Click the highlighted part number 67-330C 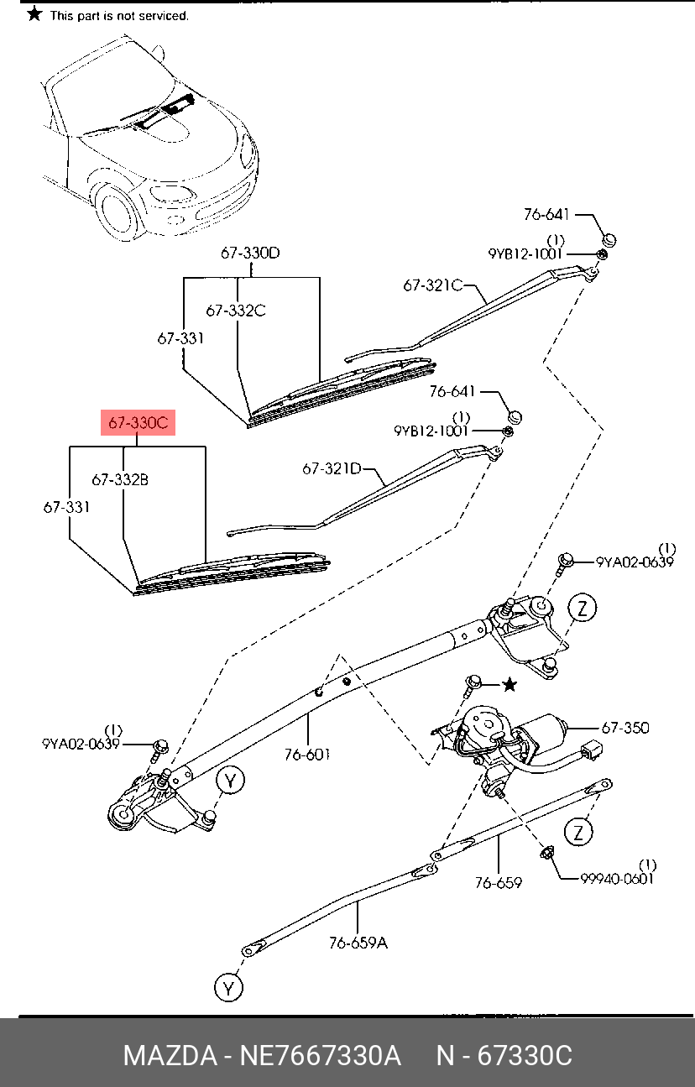point(138,423)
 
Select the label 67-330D point(250,252)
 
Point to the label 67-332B point(120,480)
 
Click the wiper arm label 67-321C point(433,285)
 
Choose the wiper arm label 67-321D point(332,469)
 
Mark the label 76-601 point(306,754)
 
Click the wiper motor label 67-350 point(624,728)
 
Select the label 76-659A point(358,943)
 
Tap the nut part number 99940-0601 point(617,878)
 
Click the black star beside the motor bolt point(509,686)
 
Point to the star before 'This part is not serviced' point(34,14)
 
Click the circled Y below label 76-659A point(227,988)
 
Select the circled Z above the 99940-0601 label point(577,832)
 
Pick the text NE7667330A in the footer point(321,1055)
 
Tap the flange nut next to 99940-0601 point(545,854)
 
